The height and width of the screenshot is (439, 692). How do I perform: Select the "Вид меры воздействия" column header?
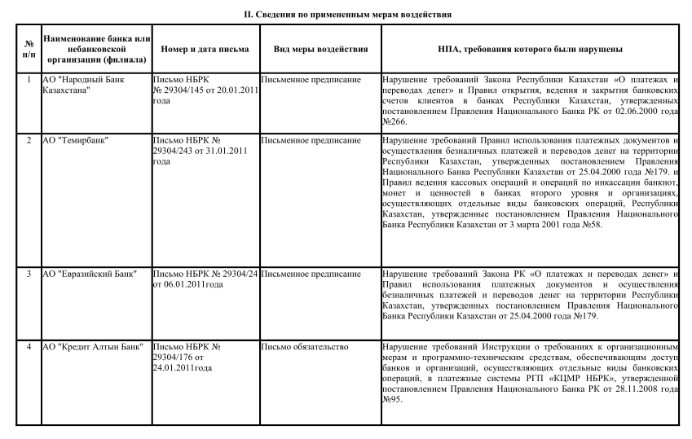pos(320,50)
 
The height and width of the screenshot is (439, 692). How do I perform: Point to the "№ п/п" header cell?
pos(29,50)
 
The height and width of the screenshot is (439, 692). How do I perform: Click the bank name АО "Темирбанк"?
pos(78,140)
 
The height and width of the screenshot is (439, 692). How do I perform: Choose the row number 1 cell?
pos(29,80)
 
